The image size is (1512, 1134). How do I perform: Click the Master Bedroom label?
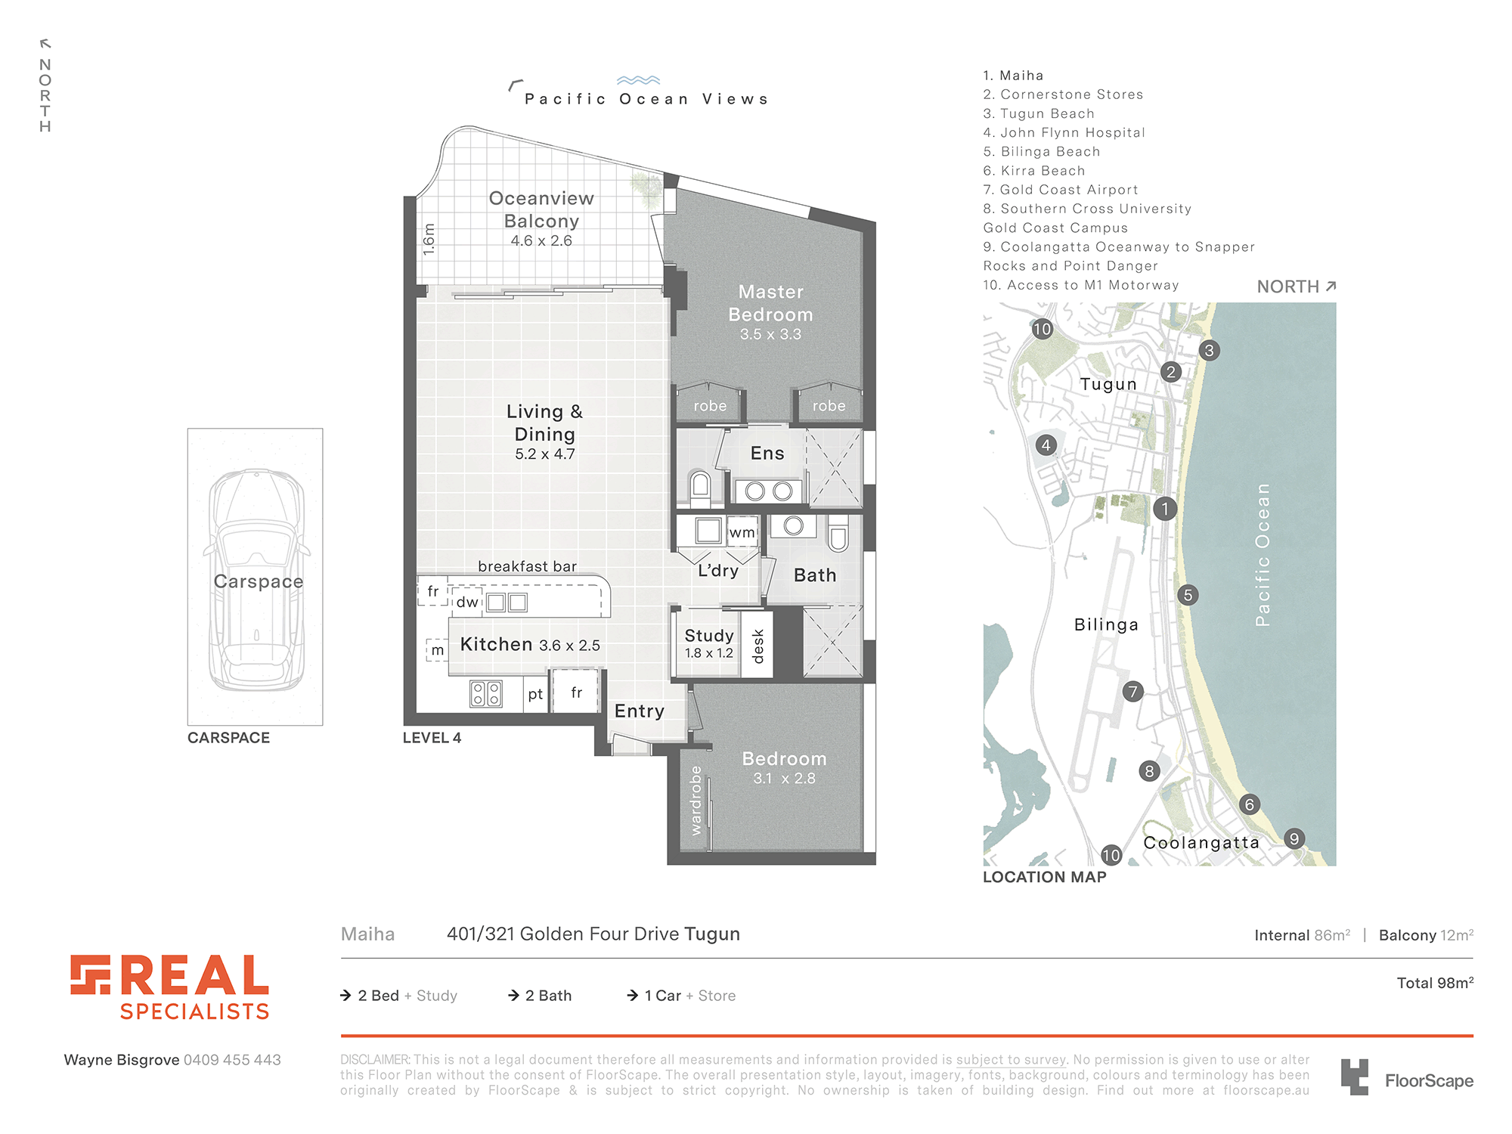tap(770, 303)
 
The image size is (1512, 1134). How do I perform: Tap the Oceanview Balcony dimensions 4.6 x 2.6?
tap(541, 240)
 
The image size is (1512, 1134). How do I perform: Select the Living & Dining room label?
tap(544, 423)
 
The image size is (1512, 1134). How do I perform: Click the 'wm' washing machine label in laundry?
tap(742, 532)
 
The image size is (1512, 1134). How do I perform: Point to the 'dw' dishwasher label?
tap(467, 602)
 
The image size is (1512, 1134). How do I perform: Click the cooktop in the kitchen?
tap(485, 693)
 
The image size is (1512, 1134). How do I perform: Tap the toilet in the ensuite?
tap(700, 488)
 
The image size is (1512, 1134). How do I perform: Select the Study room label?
tap(709, 636)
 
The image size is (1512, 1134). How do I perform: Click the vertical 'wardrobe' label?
tap(696, 801)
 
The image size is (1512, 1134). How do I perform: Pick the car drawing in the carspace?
tap(257, 580)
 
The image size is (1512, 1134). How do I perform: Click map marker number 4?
tap(1046, 445)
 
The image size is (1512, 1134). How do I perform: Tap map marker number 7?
tap(1132, 692)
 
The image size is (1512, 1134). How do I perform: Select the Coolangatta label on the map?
tap(1201, 843)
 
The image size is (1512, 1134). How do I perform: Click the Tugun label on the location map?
tap(1108, 384)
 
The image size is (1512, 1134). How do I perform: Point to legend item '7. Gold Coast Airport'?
tap(1061, 190)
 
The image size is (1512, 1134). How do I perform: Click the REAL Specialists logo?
tap(170, 987)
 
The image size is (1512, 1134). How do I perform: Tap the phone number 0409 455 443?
tap(232, 1060)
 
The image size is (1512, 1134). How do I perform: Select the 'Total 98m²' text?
tap(1435, 983)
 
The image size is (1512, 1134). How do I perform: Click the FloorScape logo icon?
tap(1354, 1077)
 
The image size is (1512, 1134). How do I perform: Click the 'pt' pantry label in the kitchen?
tap(535, 694)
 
